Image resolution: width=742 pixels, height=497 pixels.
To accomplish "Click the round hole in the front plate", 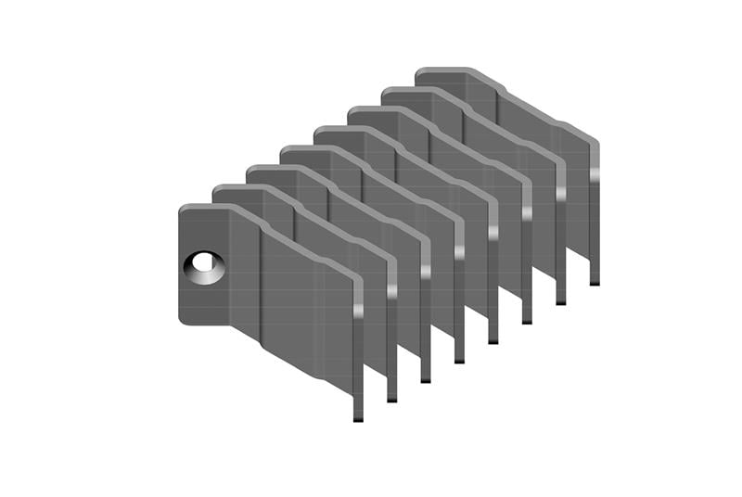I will (x=205, y=267).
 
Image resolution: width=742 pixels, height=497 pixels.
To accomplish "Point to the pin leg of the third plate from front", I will (x=426, y=363).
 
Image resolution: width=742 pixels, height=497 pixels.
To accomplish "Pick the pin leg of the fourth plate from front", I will (x=459, y=343).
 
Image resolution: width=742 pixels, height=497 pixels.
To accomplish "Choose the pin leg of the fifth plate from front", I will (x=493, y=325).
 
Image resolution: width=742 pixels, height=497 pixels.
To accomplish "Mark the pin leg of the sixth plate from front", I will (x=527, y=305).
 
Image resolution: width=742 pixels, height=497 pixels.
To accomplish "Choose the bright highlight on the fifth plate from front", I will (x=493, y=234).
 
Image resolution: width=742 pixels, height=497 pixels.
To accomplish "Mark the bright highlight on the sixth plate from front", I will (x=527, y=214).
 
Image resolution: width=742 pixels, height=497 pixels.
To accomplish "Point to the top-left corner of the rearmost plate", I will (x=420, y=72).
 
